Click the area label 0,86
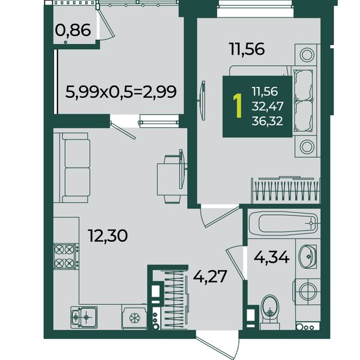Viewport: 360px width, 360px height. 73,31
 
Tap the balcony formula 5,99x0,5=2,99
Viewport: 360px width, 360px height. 121,92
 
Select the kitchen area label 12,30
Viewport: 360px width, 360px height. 108,236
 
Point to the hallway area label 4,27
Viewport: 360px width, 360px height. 210,276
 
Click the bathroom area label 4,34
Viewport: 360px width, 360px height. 271,257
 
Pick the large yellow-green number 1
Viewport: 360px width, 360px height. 238,106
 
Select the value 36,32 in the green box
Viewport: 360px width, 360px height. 267,121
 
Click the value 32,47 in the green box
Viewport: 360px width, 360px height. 268,106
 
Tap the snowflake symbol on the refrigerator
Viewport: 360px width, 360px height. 134,318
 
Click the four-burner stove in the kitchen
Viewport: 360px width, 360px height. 66,256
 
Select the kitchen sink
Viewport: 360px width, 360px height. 84,317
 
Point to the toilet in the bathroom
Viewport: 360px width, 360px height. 270,312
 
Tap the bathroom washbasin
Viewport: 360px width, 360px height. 308,256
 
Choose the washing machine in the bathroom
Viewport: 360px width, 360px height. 307,290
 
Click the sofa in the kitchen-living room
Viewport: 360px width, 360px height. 74,167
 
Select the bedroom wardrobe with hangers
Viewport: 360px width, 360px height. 286,190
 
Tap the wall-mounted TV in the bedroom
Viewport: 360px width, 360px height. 203,100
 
